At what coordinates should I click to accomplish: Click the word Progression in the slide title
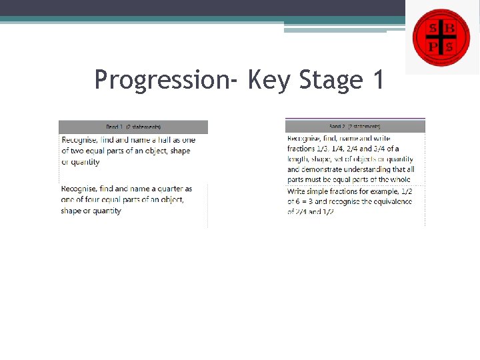161,80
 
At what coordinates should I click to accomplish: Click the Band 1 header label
133,127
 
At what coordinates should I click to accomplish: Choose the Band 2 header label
355,126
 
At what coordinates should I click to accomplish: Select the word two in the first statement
79,151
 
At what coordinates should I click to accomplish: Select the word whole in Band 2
400,179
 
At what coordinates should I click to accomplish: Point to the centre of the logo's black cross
441,37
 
